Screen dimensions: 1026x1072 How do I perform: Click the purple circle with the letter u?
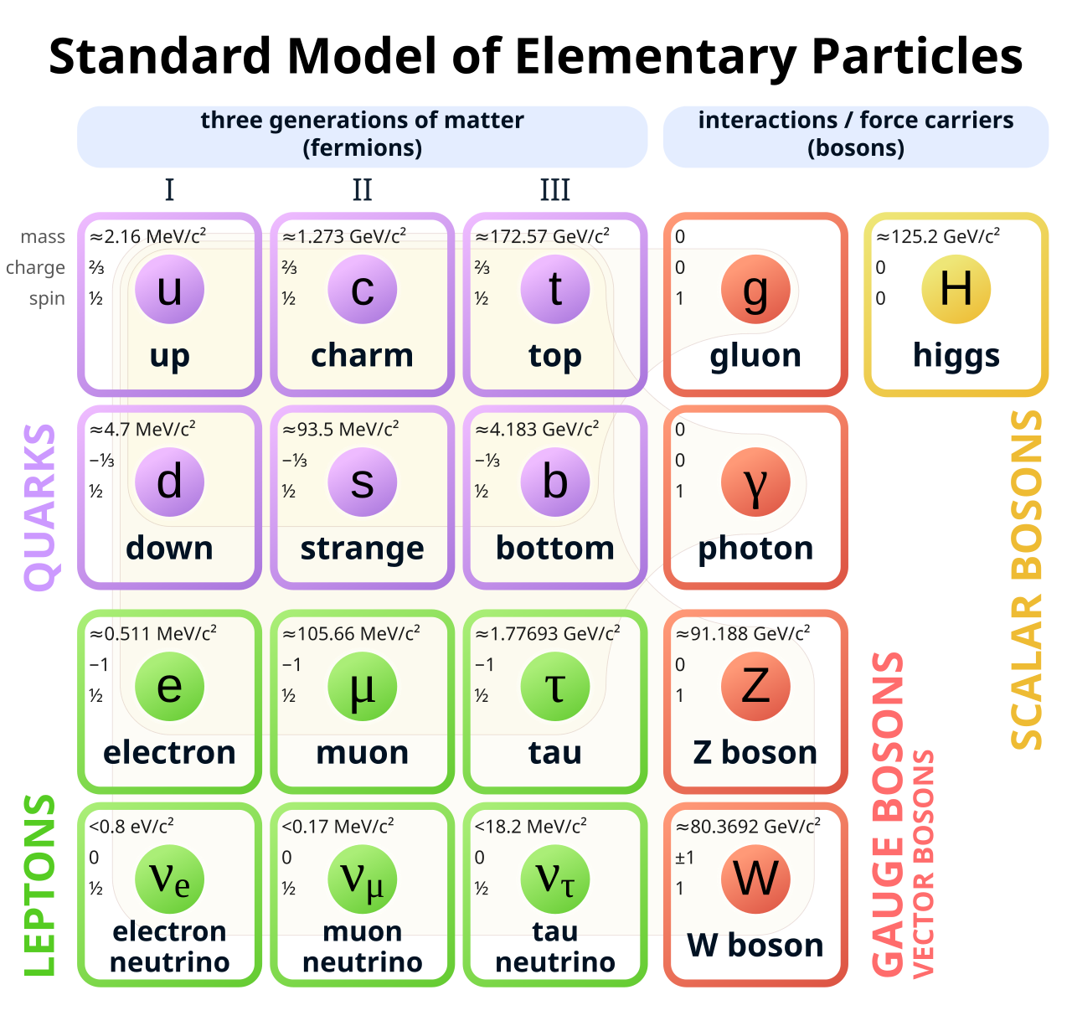click(169, 289)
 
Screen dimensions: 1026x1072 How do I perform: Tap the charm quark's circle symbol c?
click(362, 289)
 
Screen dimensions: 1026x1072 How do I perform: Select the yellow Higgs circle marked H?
click(956, 289)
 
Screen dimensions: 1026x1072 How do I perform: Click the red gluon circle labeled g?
click(755, 289)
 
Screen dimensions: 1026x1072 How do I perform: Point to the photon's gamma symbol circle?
click(755, 482)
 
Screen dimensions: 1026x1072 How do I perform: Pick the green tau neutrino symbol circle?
click(554, 879)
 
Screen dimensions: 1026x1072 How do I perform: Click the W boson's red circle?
click(755, 879)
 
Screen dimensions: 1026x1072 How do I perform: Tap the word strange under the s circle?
click(362, 549)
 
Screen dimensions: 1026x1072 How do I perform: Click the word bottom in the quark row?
click(554, 548)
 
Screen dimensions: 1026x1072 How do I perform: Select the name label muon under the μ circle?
click(362, 752)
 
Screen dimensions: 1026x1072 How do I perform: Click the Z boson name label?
click(755, 752)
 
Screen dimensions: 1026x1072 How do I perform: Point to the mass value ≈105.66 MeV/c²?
click(351, 634)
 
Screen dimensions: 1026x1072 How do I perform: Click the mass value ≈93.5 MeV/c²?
click(340, 430)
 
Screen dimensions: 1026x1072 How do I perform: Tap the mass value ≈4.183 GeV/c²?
click(537, 430)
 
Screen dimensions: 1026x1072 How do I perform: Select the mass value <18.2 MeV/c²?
click(530, 827)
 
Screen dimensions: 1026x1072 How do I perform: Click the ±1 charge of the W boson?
click(684, 858)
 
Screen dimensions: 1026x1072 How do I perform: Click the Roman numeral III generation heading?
click(554, 190)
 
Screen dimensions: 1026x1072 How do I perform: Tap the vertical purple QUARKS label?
click(39, 507)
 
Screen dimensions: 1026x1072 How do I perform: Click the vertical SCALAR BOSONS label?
click(1027, 580)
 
